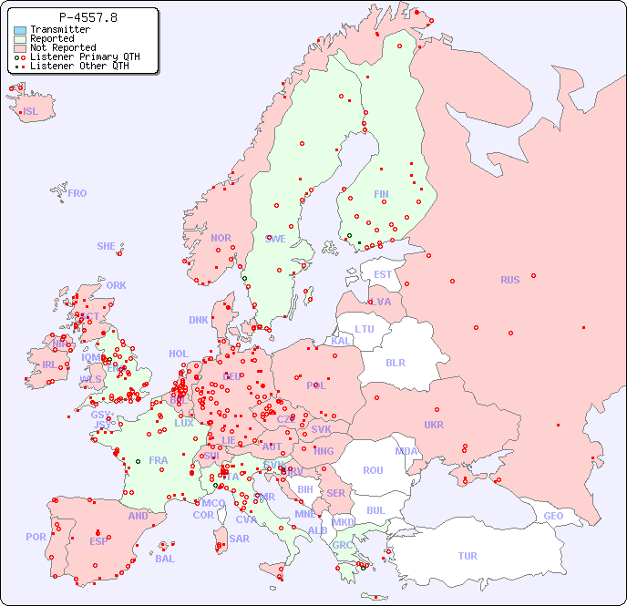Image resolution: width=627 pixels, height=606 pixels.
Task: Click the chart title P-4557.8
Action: point(87,17)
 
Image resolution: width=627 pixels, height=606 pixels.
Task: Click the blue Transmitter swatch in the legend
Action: point(20,30)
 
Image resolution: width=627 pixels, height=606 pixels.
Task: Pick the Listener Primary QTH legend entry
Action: point(85,57)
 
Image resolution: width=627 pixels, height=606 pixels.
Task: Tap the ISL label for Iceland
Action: point(31,112)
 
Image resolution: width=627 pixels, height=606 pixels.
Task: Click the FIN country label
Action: point(381,194)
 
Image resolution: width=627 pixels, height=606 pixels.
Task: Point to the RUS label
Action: point(509,280)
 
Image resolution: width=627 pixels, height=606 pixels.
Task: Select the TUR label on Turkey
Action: point(468,556)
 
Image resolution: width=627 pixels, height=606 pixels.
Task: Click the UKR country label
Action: point(434,425)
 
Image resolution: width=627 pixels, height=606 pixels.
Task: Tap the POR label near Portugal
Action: point(36,537)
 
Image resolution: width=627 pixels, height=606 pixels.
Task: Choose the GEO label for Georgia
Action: point(553,516)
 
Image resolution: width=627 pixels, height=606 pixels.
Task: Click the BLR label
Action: point(395,362)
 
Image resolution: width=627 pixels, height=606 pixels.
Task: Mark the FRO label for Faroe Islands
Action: point(77,193)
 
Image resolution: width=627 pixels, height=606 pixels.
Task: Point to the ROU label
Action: point(373,470)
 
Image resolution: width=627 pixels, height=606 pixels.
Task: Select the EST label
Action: point(383,274)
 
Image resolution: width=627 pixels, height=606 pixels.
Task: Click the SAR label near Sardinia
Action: point(240,539)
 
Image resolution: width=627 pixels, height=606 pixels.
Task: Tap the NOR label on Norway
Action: point(221,238)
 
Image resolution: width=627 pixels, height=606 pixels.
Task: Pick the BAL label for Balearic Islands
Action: point(165,559)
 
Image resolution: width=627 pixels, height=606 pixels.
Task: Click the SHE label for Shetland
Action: point(107,246)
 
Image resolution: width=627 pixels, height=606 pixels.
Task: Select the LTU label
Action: point(365,329)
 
